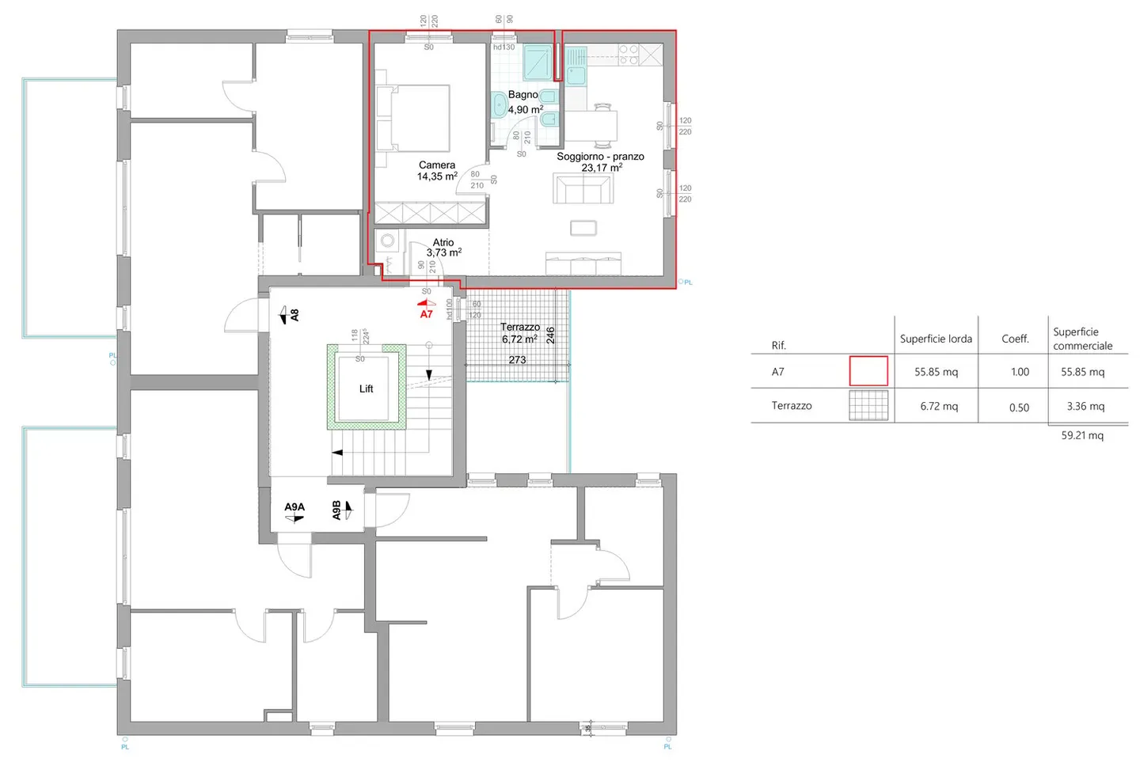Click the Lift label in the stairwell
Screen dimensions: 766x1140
pos(366,389)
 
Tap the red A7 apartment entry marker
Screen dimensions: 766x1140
pos(427,313)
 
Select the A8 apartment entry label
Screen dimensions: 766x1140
pos(294,315)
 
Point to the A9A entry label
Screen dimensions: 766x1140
pos(294,507)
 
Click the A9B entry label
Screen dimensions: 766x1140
pos(337,510)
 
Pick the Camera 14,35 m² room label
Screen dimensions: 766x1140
pos(437,171)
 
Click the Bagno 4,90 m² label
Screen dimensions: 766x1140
pos(524,102)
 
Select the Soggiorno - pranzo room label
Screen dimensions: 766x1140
pos(600,161)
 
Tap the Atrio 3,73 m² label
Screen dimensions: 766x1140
pos(443,248)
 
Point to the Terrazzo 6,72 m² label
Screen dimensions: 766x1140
pos(519,332)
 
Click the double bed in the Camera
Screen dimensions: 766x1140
pos(413,118)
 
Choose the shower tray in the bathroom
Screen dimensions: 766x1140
pos(538,63)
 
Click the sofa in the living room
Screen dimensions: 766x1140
pos(583,189)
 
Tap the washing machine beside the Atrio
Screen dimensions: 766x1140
pos(388,241)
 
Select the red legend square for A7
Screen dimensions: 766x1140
pos(868,371)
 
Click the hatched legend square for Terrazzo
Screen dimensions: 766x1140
pos(868,406)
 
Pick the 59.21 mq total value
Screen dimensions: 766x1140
pos(1082,435)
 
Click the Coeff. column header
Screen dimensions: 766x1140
pos(1015,339)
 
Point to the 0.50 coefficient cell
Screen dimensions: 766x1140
pos(1019,408)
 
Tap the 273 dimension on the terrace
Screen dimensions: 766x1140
pos(517,360)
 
